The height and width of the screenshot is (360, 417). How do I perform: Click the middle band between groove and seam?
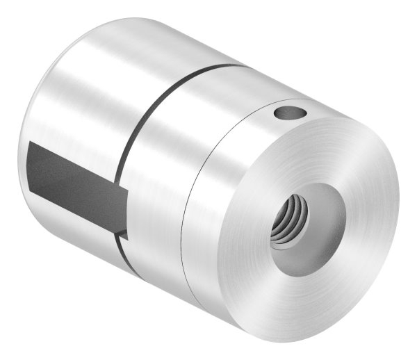(x=160, y=181)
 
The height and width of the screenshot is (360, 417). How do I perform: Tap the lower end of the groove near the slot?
(x=124, y=236)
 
